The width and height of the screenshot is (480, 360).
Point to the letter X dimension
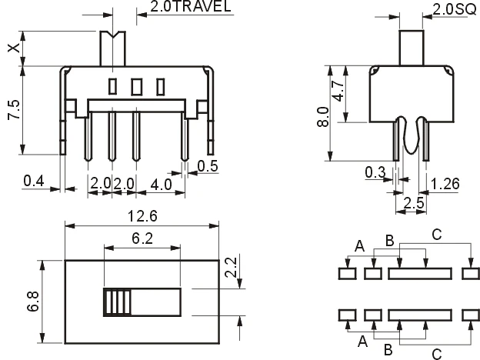(x=12, y=48)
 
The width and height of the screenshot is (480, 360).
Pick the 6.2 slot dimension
(x=141, y=238)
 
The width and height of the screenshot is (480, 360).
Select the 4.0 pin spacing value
(x=162, y=184)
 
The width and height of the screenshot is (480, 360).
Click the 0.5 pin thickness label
(x=208, y=166)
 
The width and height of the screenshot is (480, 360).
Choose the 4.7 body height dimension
(x=338, y=95)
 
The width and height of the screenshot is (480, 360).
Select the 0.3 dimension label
(x=375, y=172)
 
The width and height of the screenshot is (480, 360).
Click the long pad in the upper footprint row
(x=420, y=272)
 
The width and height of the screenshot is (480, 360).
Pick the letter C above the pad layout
(x=436, y=235)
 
